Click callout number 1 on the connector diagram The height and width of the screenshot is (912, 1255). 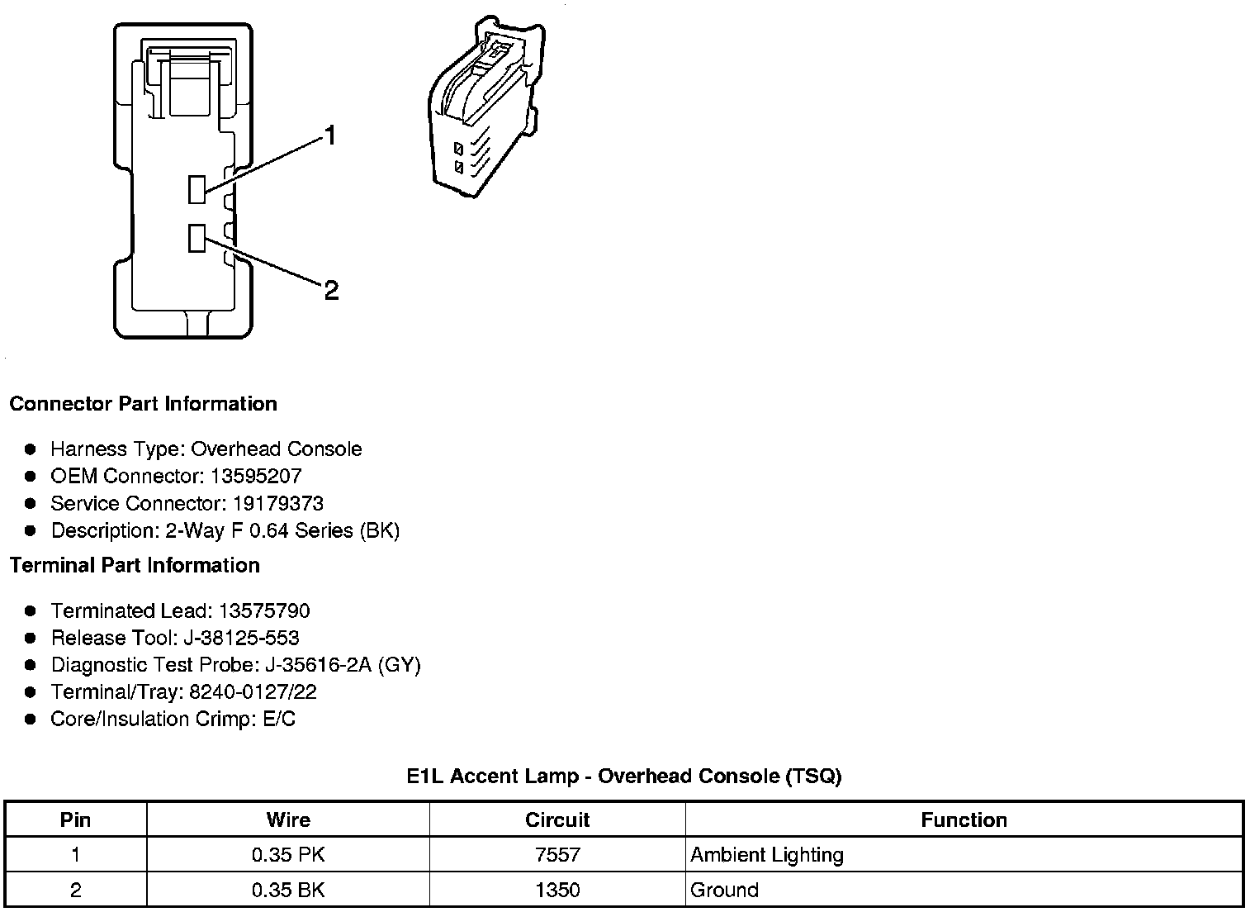click(330, 135)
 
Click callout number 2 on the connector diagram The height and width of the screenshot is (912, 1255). click(331, 290)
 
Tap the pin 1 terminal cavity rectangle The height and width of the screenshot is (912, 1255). click(197, 189)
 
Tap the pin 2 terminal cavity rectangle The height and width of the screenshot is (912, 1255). click(197, 238)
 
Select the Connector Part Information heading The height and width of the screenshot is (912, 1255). click(143, 404)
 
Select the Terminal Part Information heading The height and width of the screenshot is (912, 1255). click(135, 565)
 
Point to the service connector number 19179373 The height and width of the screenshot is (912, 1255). click(277, 503)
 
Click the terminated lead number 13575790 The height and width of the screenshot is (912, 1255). click(264, 610)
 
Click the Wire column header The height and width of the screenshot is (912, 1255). click(288, 819)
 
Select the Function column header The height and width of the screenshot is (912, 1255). click(964, 819)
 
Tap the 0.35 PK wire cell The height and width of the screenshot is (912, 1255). click(288, 855)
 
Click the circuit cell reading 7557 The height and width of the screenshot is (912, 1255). click(557, 855)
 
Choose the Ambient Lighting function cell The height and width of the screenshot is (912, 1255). click(767, 855)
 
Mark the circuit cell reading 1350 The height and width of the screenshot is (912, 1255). click(557, 890)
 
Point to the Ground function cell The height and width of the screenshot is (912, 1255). click(724, 890)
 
